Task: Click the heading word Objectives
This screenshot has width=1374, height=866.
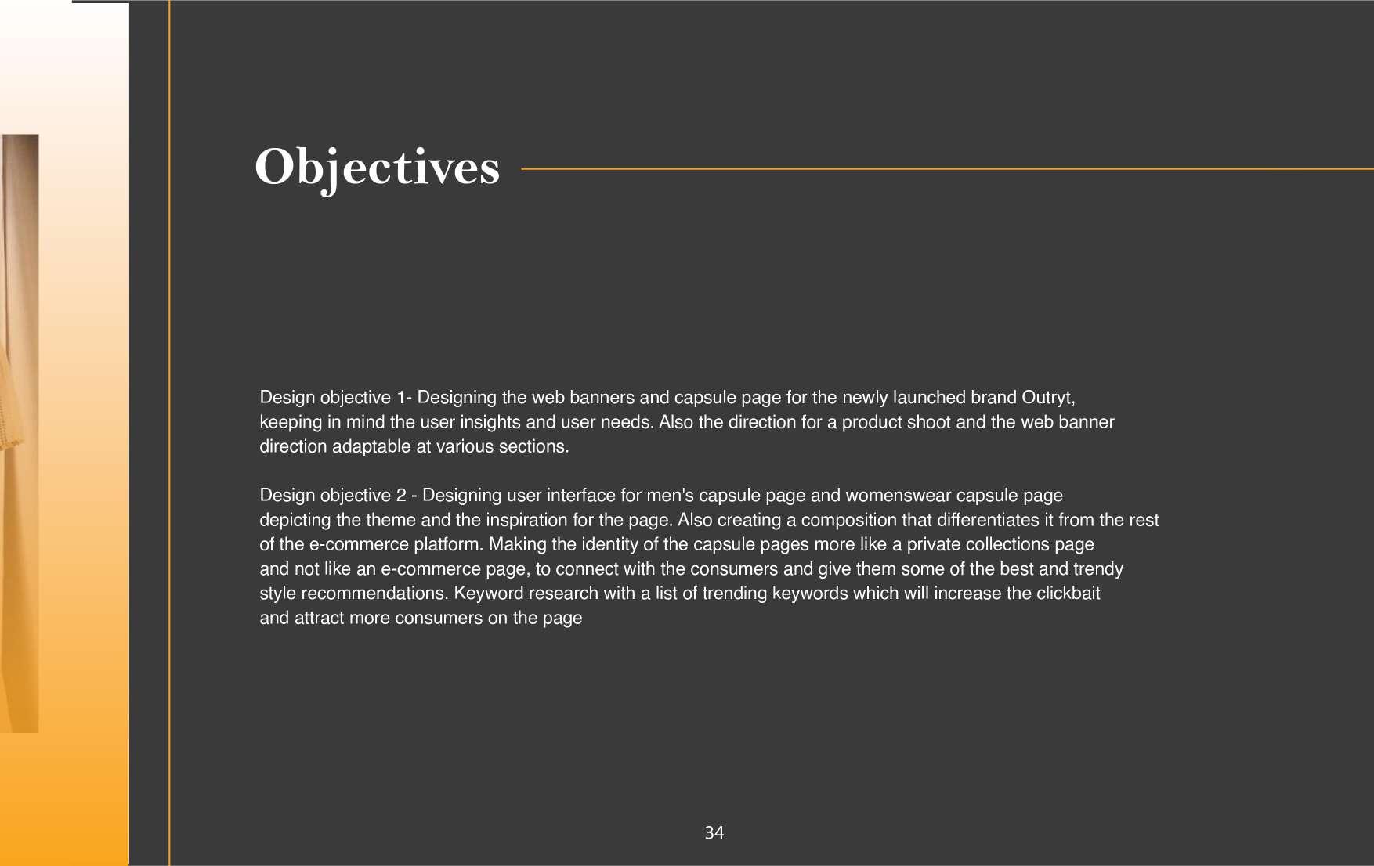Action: pos(377,167)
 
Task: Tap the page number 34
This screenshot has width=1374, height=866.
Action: pos(714,833)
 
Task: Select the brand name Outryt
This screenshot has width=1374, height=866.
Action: pos(1047,398)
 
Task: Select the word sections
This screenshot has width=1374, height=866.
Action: pos(536,446)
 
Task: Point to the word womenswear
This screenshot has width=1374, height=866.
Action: pos(898,496)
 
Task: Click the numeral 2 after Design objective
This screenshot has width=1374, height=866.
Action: pos(401,496)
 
